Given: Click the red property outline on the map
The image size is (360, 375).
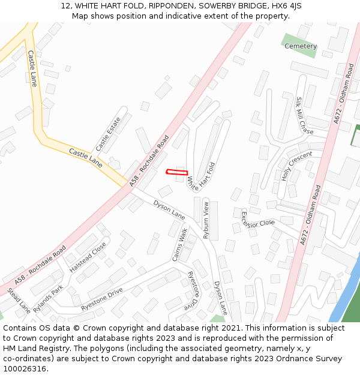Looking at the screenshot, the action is (177, 173).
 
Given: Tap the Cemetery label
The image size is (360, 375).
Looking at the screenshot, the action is (301, 46).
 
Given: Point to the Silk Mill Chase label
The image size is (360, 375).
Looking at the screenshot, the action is (305, 116).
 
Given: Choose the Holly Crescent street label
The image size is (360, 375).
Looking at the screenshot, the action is (297, 166).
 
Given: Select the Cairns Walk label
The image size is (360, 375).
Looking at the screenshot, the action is (180, 244).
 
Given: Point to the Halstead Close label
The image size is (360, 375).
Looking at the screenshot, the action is (88, 257).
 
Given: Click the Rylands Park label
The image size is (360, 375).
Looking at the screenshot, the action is (48, 298).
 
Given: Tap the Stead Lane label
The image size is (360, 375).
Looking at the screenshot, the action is (19, 301).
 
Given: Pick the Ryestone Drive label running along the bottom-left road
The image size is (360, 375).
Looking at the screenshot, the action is (102, 299).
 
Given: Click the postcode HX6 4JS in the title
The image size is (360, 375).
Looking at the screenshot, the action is (286, 6).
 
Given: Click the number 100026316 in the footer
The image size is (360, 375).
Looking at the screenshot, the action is (25, 369).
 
